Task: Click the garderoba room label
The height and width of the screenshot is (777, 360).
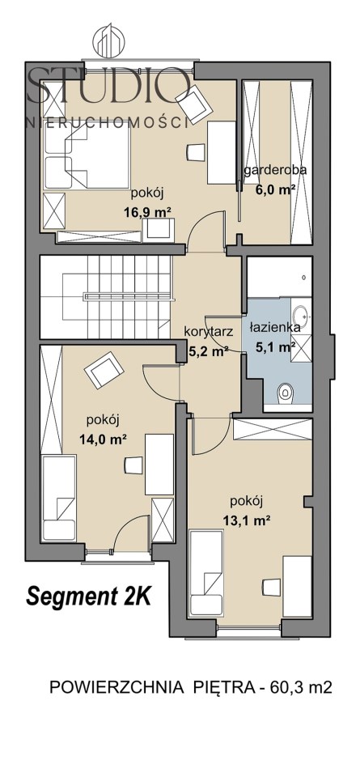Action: pos(275,170)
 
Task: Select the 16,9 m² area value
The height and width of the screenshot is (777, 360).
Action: pos(147,212)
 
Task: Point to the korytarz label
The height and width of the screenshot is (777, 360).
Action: pos(208,332)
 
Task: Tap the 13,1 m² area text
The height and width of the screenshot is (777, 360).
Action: pos(246,520)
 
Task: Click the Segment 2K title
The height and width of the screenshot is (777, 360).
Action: pos(88,597)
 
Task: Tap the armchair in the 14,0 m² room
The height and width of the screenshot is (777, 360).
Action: pos(104,370)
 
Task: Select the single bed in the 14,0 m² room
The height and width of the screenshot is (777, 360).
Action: pos(59,498)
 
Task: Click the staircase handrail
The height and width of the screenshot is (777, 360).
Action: pos(129,297)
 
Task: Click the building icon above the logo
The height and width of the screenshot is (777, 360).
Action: pos(108,40)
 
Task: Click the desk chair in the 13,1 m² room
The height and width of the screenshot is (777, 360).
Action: pos(272,588)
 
